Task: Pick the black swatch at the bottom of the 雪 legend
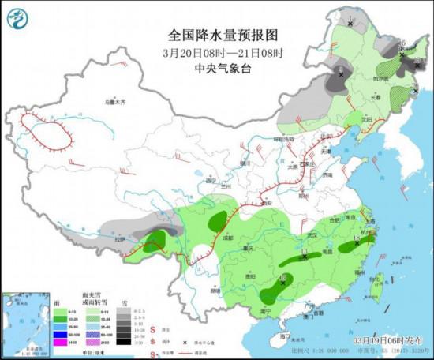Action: (x=125, y=343)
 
